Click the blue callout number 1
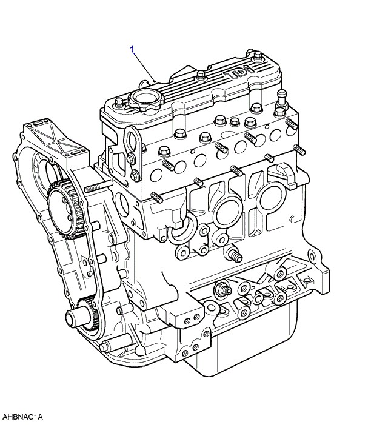point(132,50)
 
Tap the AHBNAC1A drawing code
point(22,417)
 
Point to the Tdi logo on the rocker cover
point(239,71)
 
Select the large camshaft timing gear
point(65,209)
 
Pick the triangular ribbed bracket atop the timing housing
point(56,138)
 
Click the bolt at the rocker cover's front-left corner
point(119,102)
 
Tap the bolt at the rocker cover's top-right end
point(258,56)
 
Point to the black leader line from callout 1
point(144,67)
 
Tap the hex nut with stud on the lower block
point(222,289)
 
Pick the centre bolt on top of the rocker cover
point(201,75)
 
